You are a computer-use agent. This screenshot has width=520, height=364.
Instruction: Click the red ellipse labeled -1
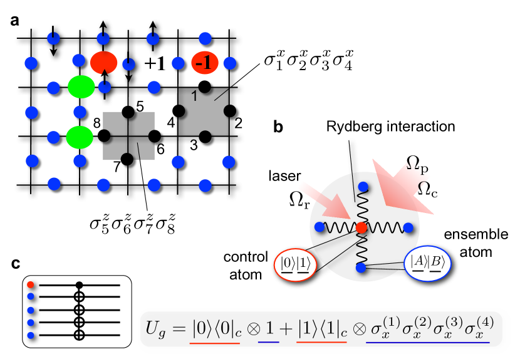point(205,63)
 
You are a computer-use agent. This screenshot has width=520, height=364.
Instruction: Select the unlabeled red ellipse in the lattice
point(103,63)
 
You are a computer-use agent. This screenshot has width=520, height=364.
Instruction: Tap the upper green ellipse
point(81,87)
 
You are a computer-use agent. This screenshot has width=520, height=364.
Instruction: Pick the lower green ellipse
point(80,137)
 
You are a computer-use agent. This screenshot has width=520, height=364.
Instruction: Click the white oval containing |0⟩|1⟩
point(295,265)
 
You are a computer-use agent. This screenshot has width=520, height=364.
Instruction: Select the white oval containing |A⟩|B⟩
point(427,263)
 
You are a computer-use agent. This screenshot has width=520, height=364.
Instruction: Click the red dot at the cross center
point(361,227)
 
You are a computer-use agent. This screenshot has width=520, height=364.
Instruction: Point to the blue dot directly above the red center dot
point(363,187)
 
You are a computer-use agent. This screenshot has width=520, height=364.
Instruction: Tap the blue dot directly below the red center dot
point(361,268)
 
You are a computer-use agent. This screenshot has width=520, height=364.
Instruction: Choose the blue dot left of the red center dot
point(320,227)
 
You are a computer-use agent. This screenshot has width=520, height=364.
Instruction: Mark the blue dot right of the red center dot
point(408,227)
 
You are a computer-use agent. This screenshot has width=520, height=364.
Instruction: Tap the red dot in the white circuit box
point(31,285)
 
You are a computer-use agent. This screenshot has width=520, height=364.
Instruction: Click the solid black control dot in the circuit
point(79,285)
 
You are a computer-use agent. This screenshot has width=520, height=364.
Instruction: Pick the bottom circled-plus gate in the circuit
point(79,335)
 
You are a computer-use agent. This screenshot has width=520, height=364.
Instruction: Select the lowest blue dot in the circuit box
point(31,335)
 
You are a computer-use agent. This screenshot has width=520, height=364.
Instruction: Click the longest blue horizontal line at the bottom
point(427,343)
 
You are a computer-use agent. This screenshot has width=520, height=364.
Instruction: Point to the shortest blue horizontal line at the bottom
point(268,343)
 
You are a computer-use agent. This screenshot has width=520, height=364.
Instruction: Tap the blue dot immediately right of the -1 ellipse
point(230,63)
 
